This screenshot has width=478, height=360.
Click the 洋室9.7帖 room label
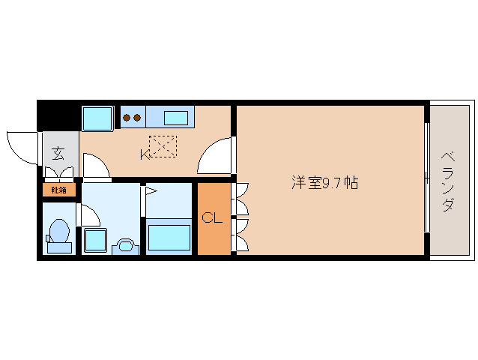(324, 182)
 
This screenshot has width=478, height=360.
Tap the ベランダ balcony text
(447, 182)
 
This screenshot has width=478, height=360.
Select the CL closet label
(212, 219)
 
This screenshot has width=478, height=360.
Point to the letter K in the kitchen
(144, 154)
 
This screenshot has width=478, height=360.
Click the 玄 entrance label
(58, 154)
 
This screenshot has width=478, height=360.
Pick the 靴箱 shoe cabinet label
(59, 190)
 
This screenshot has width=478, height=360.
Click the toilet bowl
(59, 234)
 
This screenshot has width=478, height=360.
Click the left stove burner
(127, 117)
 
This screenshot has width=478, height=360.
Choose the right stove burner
(137, 117)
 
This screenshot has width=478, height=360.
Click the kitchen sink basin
(176, 117)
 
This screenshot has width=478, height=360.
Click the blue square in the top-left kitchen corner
(97, 118)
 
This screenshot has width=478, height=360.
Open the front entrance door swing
(23, 146)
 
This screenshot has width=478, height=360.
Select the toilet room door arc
(89, 215)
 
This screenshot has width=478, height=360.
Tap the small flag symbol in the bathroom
(150, 192)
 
